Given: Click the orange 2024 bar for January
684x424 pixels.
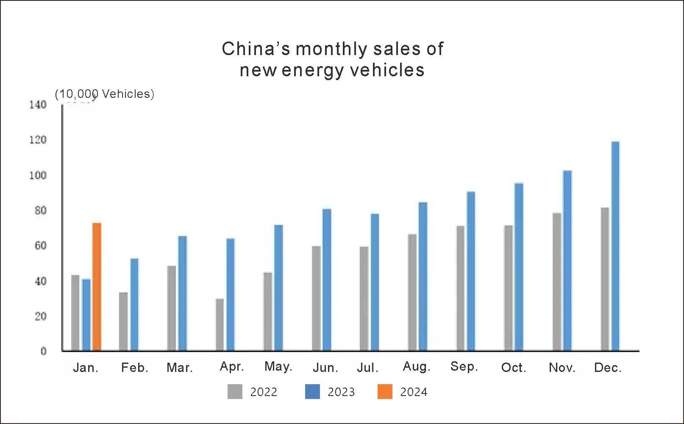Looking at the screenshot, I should [97, 287].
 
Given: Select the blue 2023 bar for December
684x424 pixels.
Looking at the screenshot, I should [615, 246].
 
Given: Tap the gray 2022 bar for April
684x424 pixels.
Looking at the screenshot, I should [220, 325].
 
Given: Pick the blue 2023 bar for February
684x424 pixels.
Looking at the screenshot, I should [134, 305].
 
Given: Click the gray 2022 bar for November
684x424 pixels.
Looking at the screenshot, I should [557, 282].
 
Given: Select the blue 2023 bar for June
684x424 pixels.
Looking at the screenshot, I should [327, 280].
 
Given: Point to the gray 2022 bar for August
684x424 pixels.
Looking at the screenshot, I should [412, 292].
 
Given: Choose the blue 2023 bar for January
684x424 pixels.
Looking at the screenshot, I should [86, 315].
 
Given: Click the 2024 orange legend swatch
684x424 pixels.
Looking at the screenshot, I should [385, 392].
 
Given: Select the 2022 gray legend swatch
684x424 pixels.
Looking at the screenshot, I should [235, 392].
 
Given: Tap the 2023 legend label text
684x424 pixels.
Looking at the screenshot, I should [341, 392].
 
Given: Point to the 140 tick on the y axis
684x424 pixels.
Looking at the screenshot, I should [38, 105].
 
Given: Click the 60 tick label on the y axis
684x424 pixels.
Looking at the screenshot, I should [40, 246].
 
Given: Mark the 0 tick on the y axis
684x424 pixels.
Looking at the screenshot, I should [43, 351].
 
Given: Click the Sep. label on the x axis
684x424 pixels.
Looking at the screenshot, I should [464, 366].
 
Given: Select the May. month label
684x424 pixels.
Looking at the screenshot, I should [278, 366].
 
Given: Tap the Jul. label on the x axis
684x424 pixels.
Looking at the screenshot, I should [367, 367].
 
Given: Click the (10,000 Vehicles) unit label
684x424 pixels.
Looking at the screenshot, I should [105, 94].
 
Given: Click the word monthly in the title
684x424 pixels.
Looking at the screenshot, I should [331, 49].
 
